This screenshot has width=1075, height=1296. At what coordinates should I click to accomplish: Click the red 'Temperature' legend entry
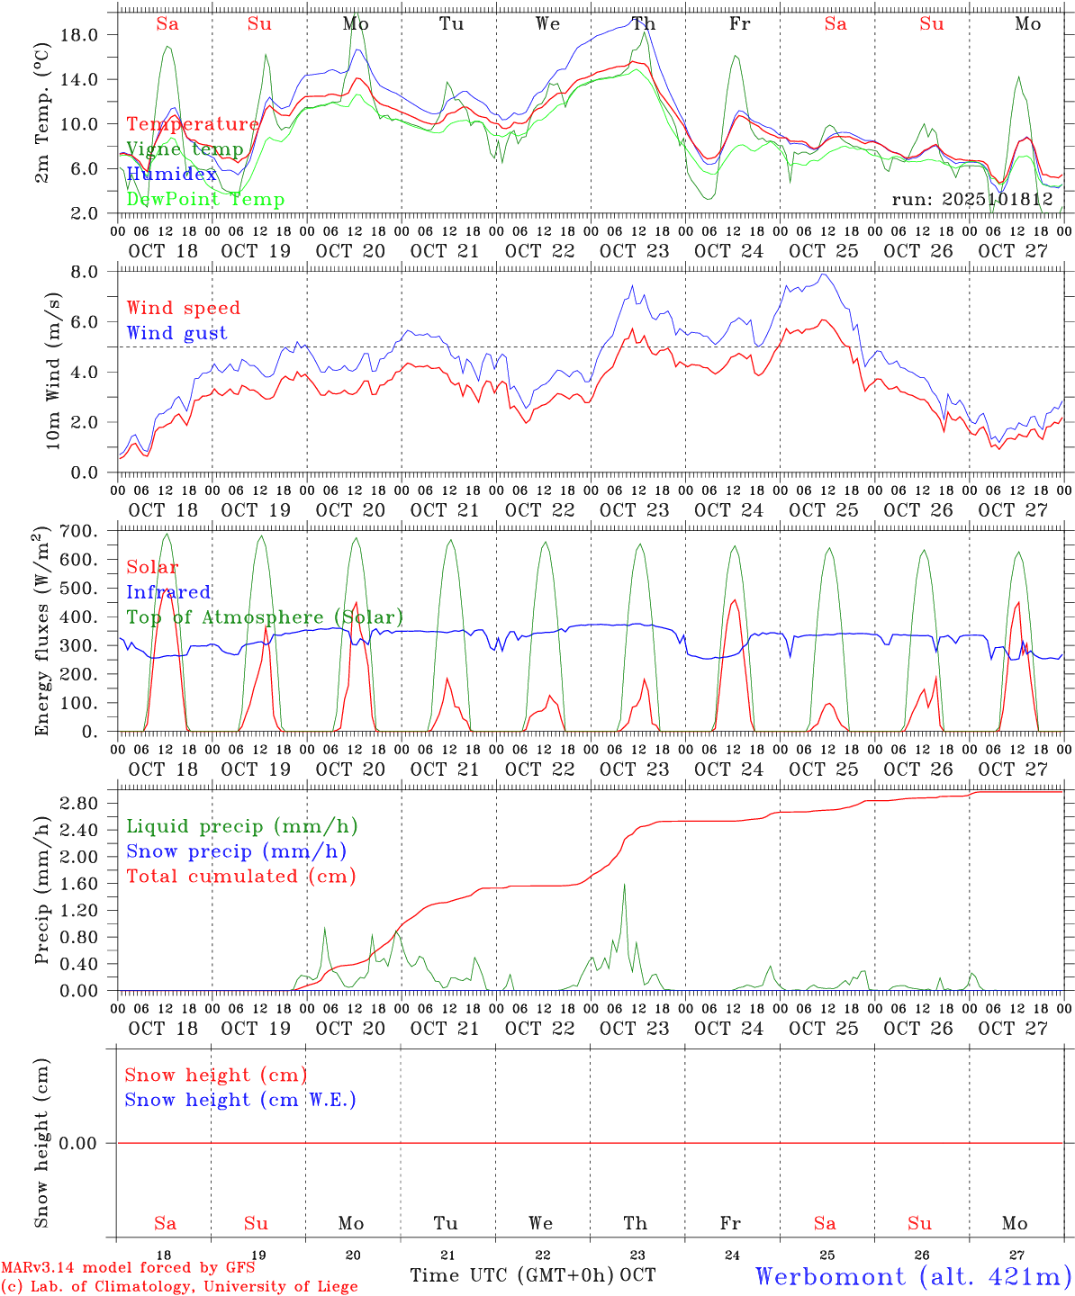[x=193, y=124]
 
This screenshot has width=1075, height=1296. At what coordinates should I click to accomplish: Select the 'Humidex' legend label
[x=172, y=174]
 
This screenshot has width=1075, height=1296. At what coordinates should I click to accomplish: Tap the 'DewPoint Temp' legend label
[x=205, y=199]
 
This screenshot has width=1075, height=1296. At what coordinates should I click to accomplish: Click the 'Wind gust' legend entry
[x=176, y=333]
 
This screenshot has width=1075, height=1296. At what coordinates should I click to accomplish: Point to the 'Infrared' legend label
[x=168, y=592]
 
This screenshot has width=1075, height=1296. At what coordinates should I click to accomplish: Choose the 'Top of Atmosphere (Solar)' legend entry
[x=265, y=617]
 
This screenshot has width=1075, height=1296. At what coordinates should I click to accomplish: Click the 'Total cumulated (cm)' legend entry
[x=240, y=876]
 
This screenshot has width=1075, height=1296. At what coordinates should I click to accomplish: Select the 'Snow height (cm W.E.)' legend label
[x=240, y=1100]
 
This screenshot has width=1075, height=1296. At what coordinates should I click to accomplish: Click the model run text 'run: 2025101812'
[x=971, y=199]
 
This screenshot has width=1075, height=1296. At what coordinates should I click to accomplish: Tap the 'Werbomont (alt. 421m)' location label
[x=913, y=1276]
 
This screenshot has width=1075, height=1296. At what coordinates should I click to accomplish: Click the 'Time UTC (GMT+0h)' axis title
[x=512, y=1275]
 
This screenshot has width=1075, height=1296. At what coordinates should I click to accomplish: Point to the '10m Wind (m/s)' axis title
[x=53, y=371]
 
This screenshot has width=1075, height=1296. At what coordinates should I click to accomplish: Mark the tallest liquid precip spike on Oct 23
[x=624, y=885]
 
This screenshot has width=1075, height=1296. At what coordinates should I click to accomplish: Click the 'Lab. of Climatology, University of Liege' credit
[x=179, y=1286]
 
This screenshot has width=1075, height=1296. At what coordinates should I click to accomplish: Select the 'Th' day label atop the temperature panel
[x=643, y=24]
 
